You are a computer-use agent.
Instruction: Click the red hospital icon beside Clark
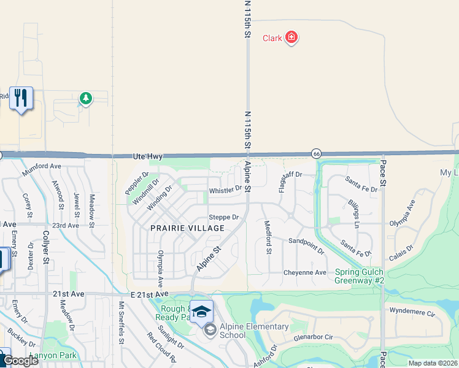(291, 38)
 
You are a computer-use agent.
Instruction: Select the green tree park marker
(86, 98)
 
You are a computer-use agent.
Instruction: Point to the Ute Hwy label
(147, 158)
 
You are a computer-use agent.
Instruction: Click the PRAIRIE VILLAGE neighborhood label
(178, 228)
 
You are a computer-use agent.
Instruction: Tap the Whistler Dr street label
(226, 190)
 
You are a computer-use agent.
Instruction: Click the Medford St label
(268, 237)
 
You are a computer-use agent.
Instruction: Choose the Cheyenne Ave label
(305, 272)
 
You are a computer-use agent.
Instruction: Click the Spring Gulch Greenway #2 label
(360, 277)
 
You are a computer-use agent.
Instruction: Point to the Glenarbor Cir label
(313, 337)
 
